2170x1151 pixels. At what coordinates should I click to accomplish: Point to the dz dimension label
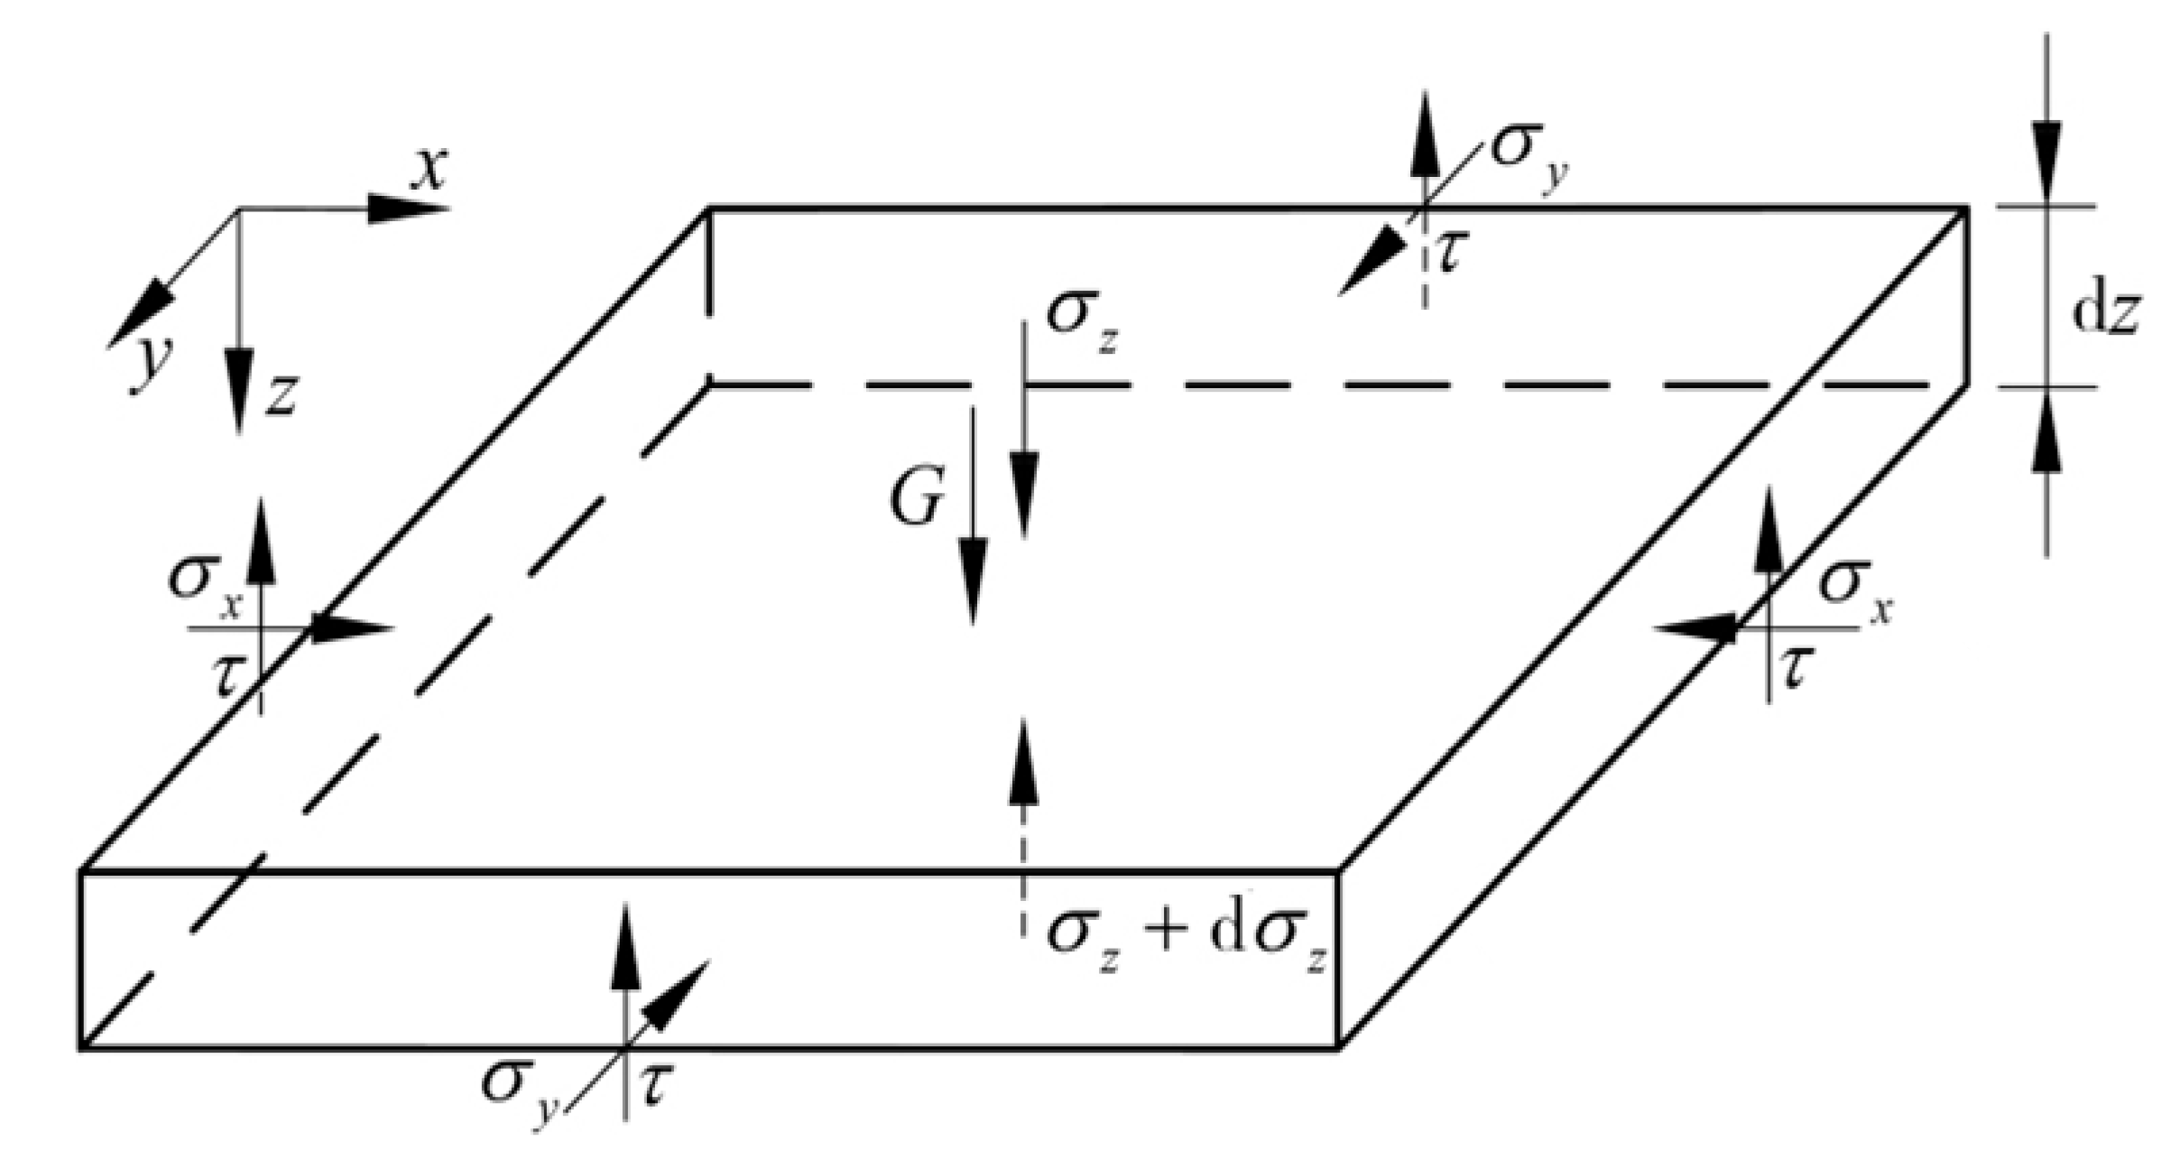pos(2103,311)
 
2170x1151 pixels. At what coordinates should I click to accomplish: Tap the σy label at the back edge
pos(1528,153)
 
